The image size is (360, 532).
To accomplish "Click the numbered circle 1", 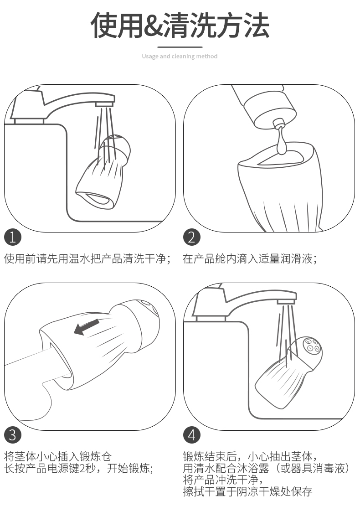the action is pyautogui.click(x=13, y=237).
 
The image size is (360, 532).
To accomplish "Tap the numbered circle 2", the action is pyautogui.click(x=192, y=237).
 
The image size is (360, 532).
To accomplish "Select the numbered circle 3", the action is pyautogui.click(x=13, y=435).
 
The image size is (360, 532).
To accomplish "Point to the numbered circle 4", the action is pyautogui.click(x=192, y=435).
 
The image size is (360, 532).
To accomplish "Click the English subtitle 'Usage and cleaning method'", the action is pyautogui.click(x=180, y=57).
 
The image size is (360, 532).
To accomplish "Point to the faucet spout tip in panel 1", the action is pyautogui.click(x=105, y=103).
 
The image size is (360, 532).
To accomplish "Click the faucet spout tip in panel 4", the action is pyautogui.click(x=287, y=302).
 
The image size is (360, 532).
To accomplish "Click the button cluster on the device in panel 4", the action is pyautogui.click(x=312, y=346).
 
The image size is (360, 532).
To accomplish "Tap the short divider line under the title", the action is pyautogui.click(x=180, y=47).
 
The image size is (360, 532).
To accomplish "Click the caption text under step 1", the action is pyautogui.click(x=87, y=258).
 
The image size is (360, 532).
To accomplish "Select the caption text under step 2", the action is pyautogui.click(x=250, y=258).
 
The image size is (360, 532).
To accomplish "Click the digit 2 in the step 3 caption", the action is pyautogui.click(x=82, y=469).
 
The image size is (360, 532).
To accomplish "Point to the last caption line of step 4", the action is pyautogui.click(x=247, y=491).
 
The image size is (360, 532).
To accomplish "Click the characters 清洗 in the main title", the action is pyautogui.click(x=190, y=26).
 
